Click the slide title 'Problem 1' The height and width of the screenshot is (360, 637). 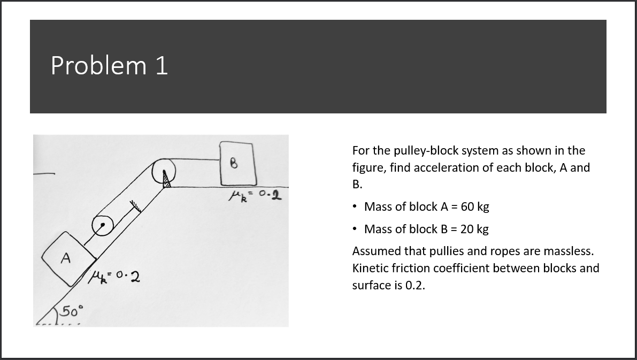109,65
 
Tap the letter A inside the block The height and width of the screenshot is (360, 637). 66,258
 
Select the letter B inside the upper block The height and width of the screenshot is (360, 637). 233,163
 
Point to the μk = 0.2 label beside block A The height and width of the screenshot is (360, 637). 113,278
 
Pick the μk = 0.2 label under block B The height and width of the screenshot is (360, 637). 255,196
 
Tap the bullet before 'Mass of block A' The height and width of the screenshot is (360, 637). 356,206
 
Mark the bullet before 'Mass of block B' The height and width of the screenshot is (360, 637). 356,229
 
